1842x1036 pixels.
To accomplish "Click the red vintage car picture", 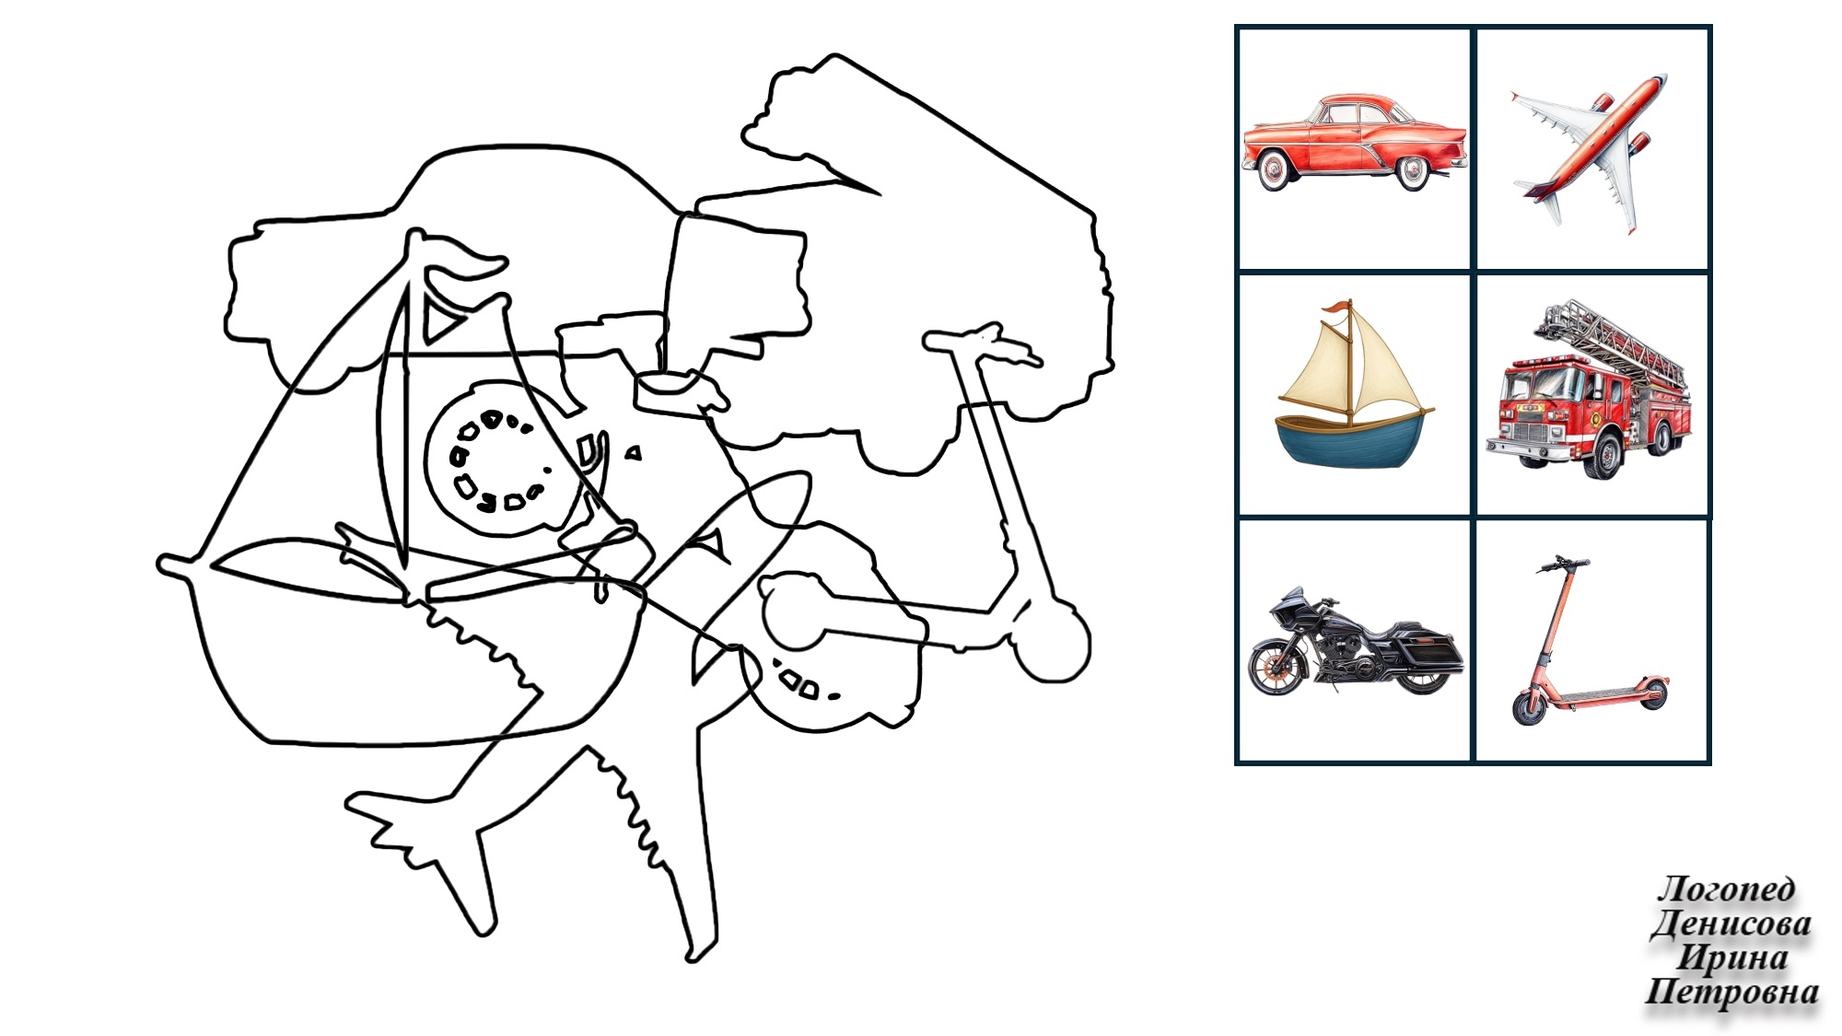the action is [1354, 142].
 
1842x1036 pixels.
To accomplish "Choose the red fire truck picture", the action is [1590, 389].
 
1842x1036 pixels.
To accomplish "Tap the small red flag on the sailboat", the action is [1335, 309].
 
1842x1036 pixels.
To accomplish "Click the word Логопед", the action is [1726, 889].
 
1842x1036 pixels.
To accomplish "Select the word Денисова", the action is [1731, 923].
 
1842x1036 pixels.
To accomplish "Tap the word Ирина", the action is [1731, 957].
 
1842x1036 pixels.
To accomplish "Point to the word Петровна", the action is [1731, 992].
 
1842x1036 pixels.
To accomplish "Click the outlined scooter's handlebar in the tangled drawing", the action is [982, 344].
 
